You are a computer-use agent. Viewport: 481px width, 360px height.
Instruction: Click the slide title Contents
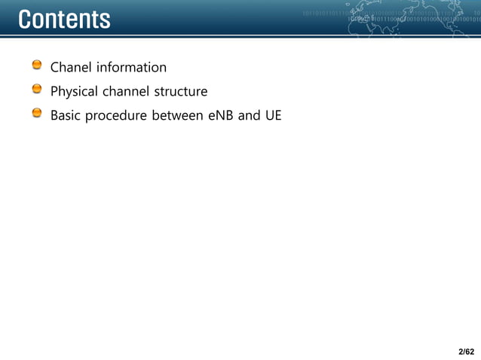(64, 20)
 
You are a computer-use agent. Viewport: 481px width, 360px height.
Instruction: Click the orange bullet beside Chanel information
(37, 67)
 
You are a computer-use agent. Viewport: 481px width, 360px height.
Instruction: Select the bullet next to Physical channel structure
(37, 91)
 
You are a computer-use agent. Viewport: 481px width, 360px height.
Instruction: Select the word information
(130, 68)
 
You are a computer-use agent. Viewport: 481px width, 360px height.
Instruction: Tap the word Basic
(66, 116)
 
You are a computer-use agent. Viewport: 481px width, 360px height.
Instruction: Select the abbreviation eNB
(221, 116)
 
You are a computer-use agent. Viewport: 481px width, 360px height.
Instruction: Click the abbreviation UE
(273, 116)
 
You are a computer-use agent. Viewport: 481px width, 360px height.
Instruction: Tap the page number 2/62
(466, 351)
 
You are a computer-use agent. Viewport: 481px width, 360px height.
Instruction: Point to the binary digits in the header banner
(332, 14)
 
